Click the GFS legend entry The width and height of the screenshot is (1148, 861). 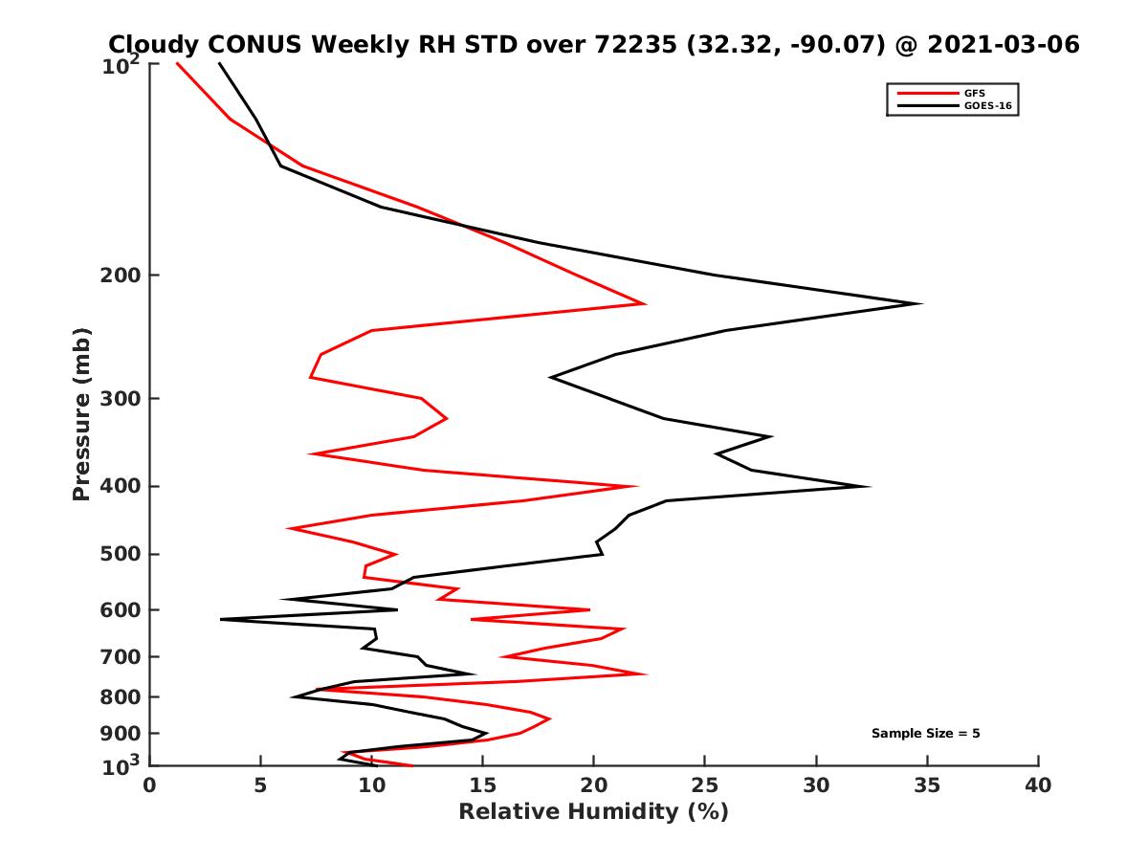pos(974,93)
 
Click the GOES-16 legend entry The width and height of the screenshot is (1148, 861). pos(987,106)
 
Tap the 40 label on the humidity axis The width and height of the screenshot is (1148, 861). pos(1038,785)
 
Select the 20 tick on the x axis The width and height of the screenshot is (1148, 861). pos(594,785)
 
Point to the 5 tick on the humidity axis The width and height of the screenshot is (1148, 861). pos(261,785)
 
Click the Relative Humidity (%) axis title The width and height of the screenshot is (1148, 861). pos(593,812)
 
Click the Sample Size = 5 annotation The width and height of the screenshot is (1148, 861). pos(925,734)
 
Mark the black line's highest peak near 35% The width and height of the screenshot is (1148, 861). pos(920,304)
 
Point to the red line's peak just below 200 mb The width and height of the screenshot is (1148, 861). pos(645,304)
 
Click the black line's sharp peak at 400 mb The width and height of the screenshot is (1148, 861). pos(869,486)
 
